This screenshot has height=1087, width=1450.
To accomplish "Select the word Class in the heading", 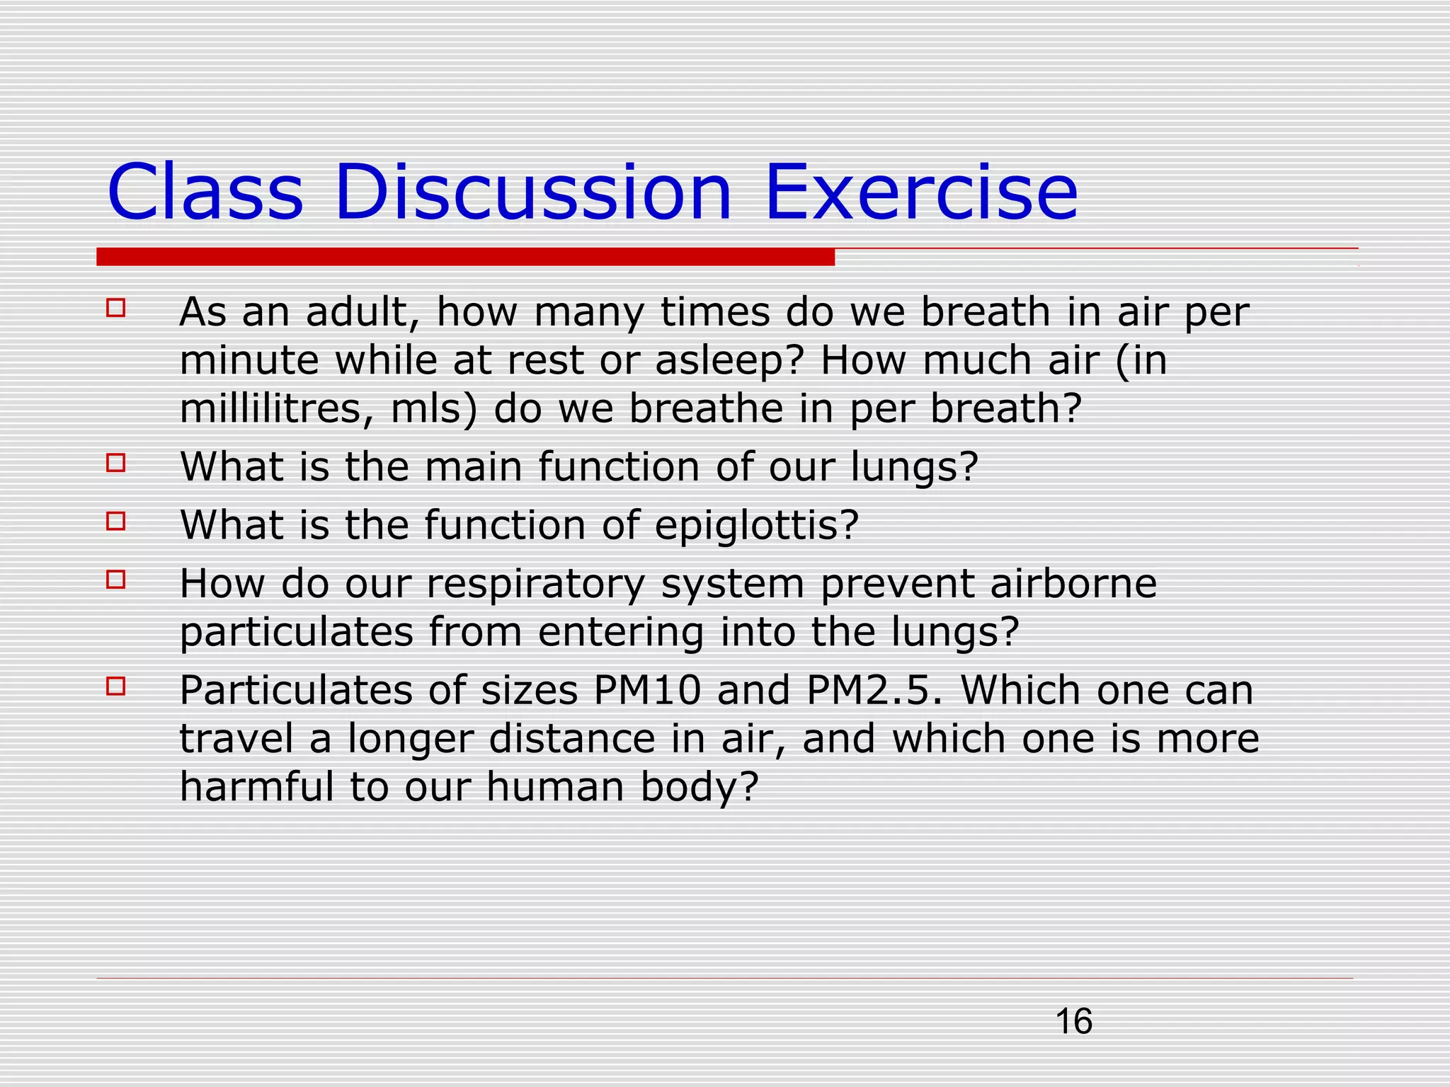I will [x=205, y=192].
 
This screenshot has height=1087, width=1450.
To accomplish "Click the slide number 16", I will [x=1073, y=1022].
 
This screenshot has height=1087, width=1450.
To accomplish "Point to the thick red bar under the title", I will [x=465, y=257].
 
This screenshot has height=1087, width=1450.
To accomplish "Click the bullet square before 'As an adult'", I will [x=116, y=308].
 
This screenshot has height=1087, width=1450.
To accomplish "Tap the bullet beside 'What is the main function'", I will [x=116, y=463].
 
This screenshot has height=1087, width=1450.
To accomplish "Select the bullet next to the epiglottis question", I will [x=116, y=522].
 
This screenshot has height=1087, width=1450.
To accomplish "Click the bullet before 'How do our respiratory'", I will [x=116, y=580].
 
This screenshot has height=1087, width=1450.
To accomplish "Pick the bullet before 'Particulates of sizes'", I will [x=116, y=686].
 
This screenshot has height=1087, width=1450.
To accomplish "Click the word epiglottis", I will [x=755, y=526].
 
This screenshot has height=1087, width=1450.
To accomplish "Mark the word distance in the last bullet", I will [x=572, y=738].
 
